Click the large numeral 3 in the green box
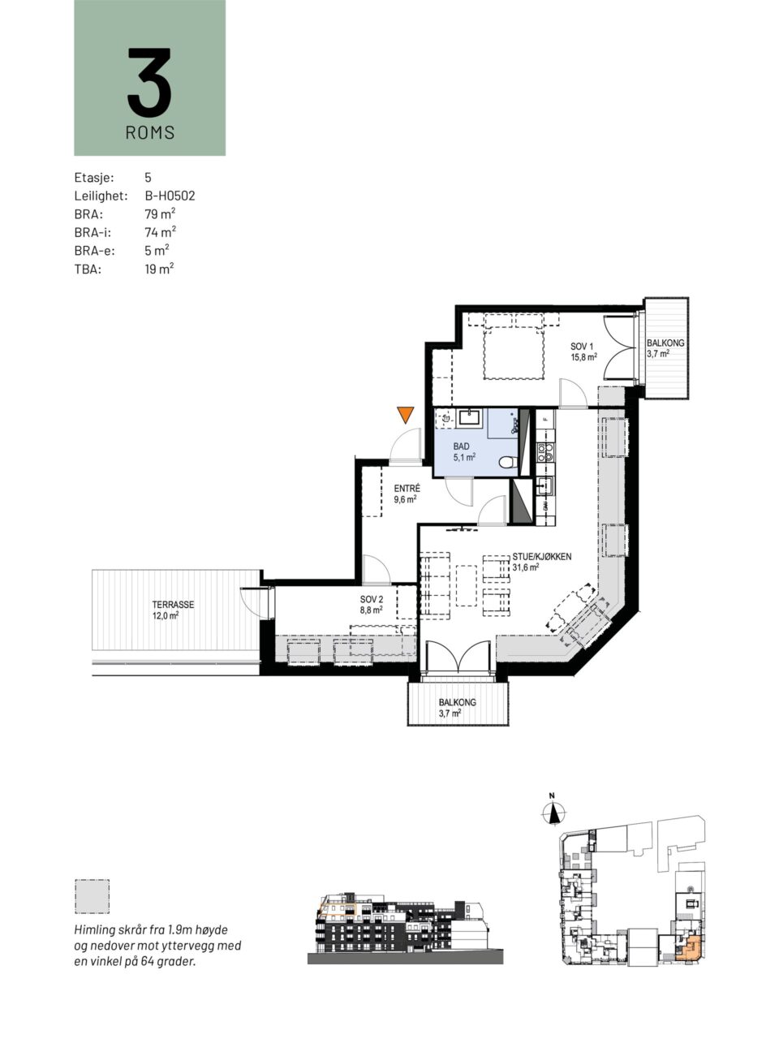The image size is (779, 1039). pos(149,82)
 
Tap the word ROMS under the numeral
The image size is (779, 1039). pos(150,132)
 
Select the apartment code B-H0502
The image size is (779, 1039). pos(170,196)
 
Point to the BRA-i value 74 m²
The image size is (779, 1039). pos(161,232)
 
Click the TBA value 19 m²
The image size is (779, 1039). pos(159,269)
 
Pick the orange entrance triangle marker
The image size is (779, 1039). pos(406,414)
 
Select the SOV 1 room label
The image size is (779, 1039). pos(583,351)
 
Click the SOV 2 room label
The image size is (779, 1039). pos(372,605)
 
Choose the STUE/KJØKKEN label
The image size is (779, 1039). pos(541,562)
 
